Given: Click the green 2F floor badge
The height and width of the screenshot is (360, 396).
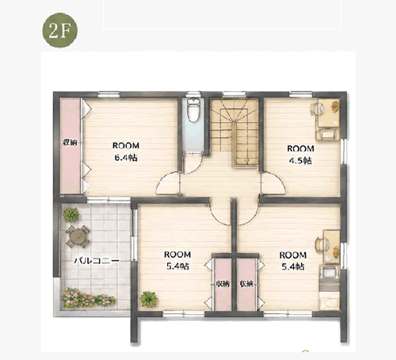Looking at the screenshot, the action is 60,30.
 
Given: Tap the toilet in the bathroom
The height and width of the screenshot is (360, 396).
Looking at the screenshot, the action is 193,110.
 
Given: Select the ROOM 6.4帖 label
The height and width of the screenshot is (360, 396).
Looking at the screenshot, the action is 126,151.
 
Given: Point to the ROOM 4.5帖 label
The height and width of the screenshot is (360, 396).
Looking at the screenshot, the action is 300,155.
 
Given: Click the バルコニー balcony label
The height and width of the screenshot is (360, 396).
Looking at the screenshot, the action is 97,261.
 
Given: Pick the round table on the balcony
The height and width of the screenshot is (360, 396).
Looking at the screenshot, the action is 78,236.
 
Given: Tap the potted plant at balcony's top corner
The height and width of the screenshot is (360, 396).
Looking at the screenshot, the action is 71,214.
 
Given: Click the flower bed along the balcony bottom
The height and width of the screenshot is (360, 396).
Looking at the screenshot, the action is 88,298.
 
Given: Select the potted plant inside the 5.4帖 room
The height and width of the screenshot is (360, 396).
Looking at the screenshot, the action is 149,299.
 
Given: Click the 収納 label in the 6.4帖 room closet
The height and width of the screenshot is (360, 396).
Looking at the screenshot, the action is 70,143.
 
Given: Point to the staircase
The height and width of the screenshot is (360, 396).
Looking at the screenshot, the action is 234,132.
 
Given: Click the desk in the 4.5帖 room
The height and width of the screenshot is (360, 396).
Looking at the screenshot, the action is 329,113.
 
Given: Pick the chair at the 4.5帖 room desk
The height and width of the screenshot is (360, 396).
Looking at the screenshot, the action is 317,109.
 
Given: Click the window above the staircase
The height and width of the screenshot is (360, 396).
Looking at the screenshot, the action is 234,94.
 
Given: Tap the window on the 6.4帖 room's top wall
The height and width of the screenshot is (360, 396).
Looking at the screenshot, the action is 109,94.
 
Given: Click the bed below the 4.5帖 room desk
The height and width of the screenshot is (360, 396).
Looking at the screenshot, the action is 328,134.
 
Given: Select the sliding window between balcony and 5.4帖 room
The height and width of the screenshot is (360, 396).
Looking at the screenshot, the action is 134,235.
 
